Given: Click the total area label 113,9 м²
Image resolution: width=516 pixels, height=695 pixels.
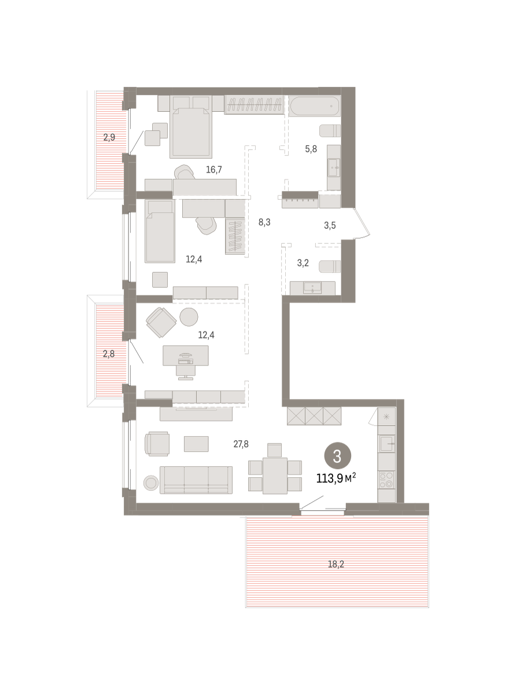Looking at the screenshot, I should click(x=336, y=477).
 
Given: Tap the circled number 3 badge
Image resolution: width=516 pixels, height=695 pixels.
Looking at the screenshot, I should click(x=337, y=456).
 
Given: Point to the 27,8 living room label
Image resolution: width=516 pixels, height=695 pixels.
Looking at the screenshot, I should click(x=241, y=444).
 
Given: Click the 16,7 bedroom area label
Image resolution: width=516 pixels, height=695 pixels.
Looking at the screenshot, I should click(x=214, y=169).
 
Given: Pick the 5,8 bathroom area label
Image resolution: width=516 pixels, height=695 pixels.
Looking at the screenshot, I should click(x=311, y=149).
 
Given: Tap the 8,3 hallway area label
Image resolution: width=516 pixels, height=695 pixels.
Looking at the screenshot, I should click(x=264, y=221).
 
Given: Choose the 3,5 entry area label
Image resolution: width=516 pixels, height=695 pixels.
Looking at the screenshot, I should click(x=330, y=225).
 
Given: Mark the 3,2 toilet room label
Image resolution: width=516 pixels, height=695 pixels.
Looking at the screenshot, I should click(x=303, y=263).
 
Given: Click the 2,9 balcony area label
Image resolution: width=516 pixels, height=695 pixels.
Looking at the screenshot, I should click(x=109, y=137).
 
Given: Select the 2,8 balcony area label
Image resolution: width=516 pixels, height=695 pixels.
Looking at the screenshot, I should click(x=109, y=353).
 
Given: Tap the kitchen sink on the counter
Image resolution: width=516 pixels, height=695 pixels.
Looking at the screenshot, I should click(x=387, y=444).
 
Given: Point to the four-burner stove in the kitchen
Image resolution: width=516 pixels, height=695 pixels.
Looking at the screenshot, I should click(x=386, y=480).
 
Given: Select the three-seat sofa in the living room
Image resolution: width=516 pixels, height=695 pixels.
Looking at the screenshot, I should click(x=196, y=480).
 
